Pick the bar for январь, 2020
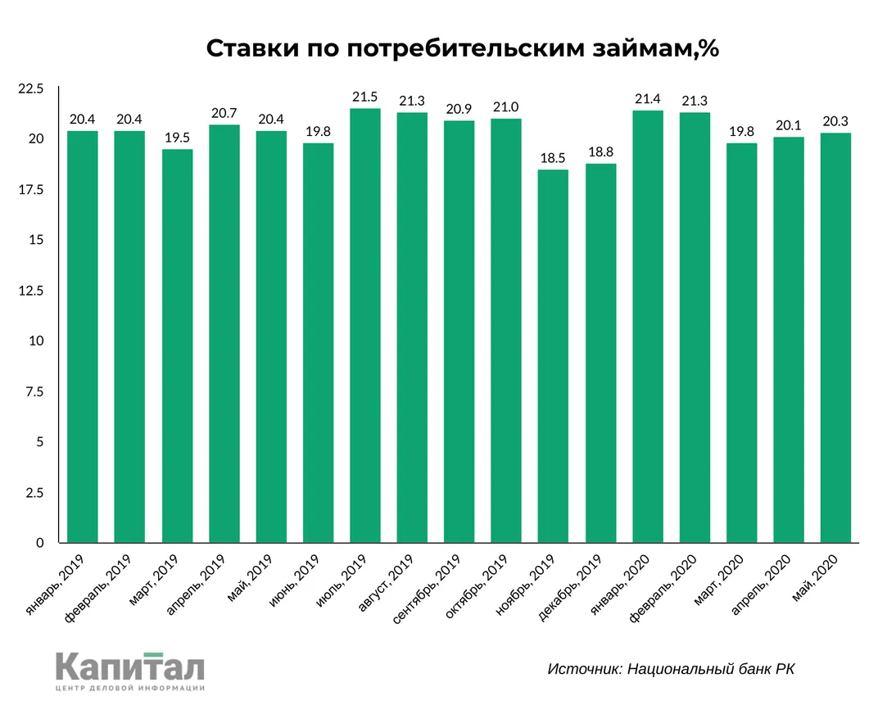pos(648,327)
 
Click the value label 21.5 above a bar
pos(365,97)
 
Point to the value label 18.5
pos(554,159)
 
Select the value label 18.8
pos(601,153)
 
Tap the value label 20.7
pos(224,114)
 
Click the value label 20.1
pos(789,126)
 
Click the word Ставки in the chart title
pos(250,49)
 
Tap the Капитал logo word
pos(130,667)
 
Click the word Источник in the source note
pos(583,669)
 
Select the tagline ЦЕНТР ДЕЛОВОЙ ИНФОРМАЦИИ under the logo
pos(130,689)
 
